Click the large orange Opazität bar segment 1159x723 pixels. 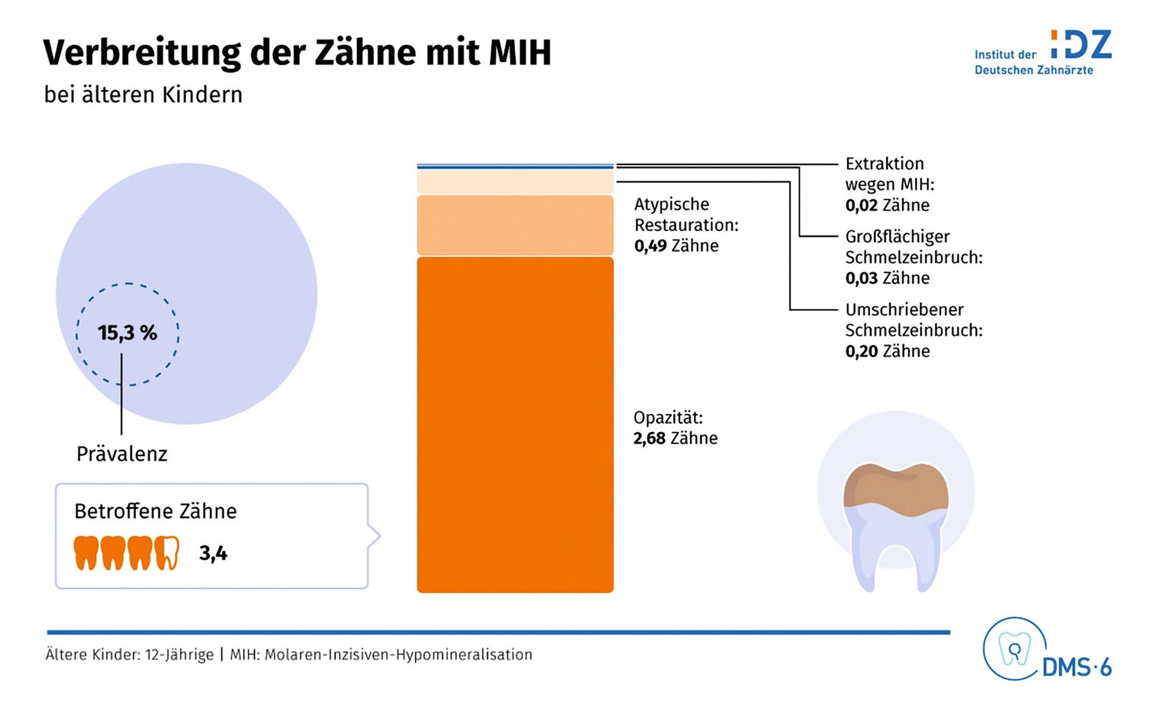click(515, 424)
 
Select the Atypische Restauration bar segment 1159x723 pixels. click(515, 225)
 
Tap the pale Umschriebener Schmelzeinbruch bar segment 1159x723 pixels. click(515, 182)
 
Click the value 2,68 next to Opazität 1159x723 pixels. click(649, 438)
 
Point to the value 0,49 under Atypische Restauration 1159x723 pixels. click(650, 246)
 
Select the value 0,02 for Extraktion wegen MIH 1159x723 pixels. click(861, 205)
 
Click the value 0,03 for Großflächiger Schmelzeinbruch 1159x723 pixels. click(861, 279)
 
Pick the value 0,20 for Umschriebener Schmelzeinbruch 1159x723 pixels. click(861, 352)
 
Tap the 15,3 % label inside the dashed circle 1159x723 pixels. click(127, 333)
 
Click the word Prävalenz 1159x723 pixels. click(121, 454)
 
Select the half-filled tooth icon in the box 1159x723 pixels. click(167, 553)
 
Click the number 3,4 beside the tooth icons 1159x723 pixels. click(213, 554)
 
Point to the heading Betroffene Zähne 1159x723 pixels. click(155, 511)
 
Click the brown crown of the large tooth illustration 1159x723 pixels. click(895, 488)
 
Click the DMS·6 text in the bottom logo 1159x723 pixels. click(1077, 668)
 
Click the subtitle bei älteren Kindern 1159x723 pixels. click(143, 95)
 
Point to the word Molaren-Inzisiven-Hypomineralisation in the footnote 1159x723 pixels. click(398, 655)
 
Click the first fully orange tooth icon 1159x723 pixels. click(86, 553)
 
